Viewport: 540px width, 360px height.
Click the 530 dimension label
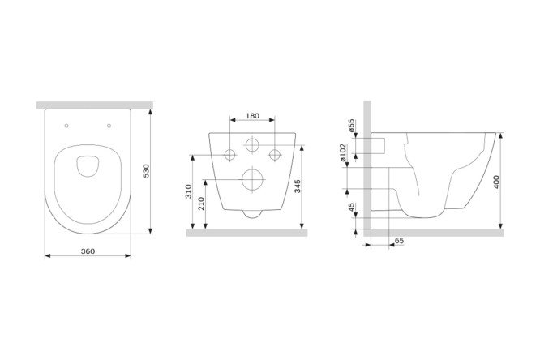(x=147, y=171)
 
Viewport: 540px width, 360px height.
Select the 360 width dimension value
(x=88, y=251)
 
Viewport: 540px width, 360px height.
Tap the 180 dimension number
(x=252, y=116)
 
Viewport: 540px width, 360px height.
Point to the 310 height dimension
(x=188, y=191)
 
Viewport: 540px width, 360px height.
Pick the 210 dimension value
(x=201, y=204)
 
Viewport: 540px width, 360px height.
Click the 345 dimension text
(x=298, y=186)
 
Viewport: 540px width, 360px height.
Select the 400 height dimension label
(x=496, y=182)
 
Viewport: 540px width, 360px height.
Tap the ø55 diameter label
(x=351, y=126)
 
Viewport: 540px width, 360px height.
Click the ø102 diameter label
(x=343, y=152)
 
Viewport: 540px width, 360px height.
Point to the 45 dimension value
(x=351, y=207)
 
